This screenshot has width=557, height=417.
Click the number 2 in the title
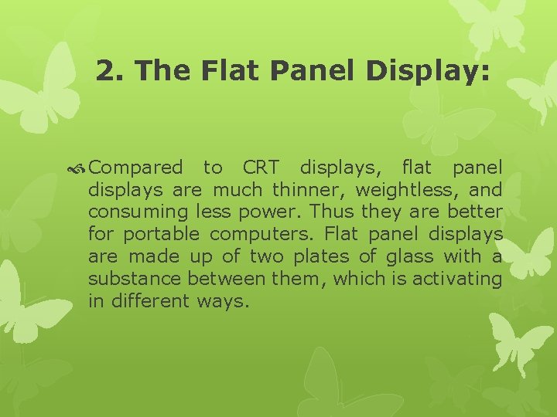[105, 72]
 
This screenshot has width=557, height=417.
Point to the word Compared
[135, 168]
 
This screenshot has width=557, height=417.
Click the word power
[265, 212]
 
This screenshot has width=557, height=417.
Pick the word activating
[457, 279]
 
